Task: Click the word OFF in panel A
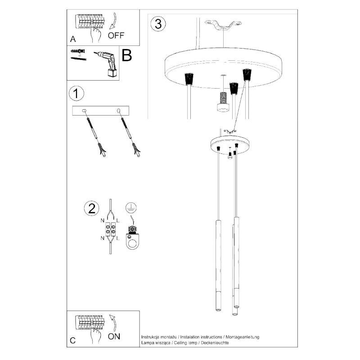coord(116,36)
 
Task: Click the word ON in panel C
coord(114,336)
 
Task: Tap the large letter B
coord(127,55)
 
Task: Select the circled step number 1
coord(76,94)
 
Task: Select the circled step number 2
coord(92,208)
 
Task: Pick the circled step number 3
coord(158,24)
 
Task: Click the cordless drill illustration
coord(107,63)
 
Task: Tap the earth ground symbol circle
coord(131,207)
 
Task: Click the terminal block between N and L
coord(110,229)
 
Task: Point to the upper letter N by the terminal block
coord(103,220)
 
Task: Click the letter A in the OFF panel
coord(73,39)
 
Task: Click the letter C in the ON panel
coord(72,340)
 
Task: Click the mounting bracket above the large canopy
coord(223,25)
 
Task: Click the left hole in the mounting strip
coord(84,111)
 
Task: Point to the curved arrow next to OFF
coord(113,21)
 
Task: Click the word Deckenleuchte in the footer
coord(215,343)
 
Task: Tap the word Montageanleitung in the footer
coord(243,337)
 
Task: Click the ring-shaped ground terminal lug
coord(132,242)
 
